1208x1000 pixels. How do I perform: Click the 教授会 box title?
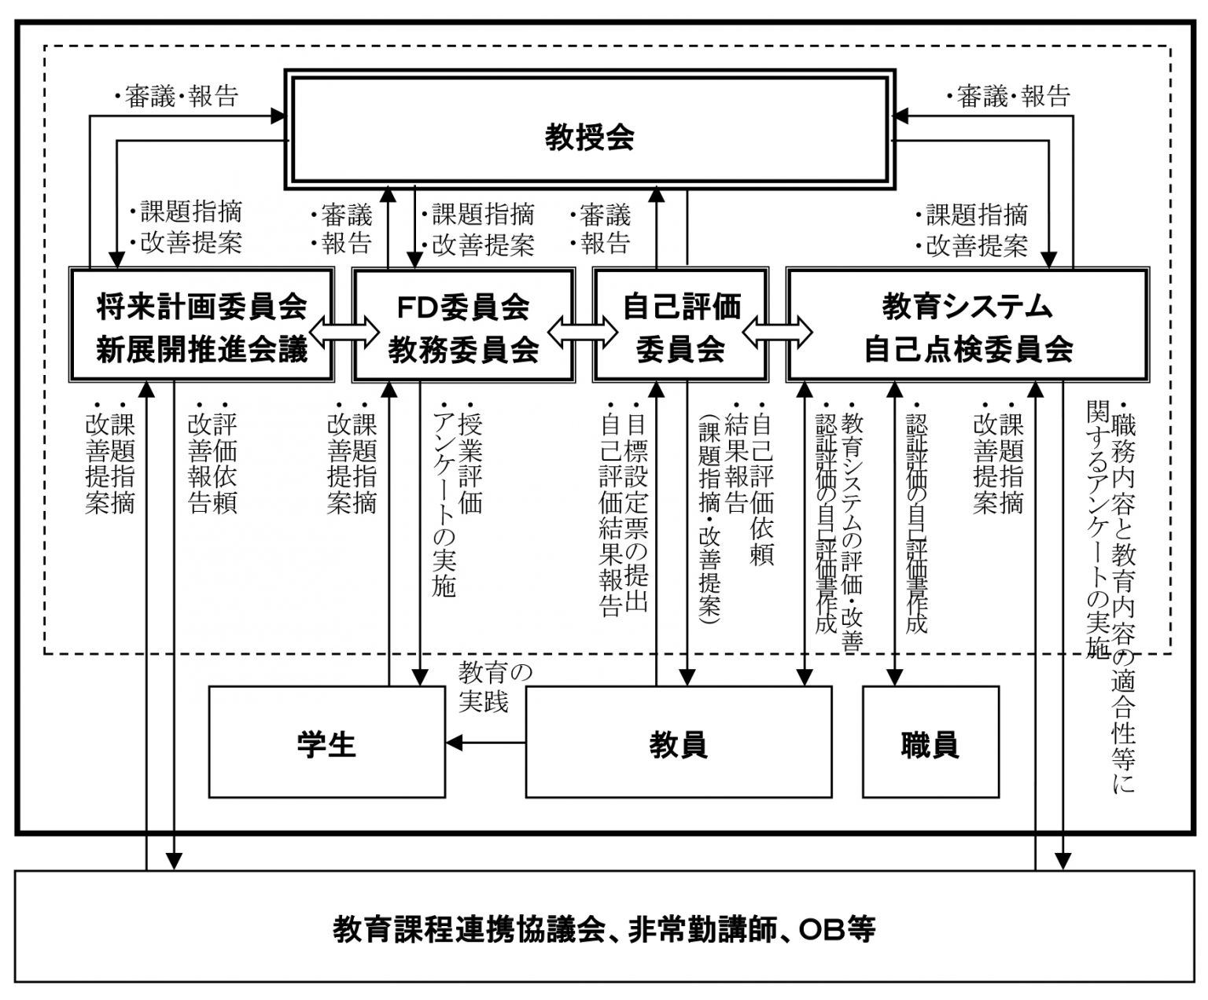[589, 138]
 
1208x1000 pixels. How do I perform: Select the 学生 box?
[326, 742]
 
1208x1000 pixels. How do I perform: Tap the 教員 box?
[678, 742]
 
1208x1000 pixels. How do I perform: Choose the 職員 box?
[930, 742]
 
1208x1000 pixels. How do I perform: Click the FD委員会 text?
[463, 307]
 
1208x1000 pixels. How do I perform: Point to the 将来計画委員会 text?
[201, 307]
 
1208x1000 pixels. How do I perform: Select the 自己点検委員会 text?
[968, 349]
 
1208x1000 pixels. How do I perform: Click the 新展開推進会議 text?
[201, 349]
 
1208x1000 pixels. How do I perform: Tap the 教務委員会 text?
[463, 349]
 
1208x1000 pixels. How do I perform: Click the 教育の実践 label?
[495, 687]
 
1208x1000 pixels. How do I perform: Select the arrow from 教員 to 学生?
[485, 743]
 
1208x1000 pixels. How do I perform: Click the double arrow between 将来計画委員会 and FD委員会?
[344, 333]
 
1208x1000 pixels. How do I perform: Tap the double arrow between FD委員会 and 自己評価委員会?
[583, 333]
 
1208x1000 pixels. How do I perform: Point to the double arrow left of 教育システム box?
[777, 333]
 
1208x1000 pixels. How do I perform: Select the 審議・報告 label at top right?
[1007, 96]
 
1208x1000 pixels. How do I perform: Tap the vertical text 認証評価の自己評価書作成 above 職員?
[916, 524]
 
